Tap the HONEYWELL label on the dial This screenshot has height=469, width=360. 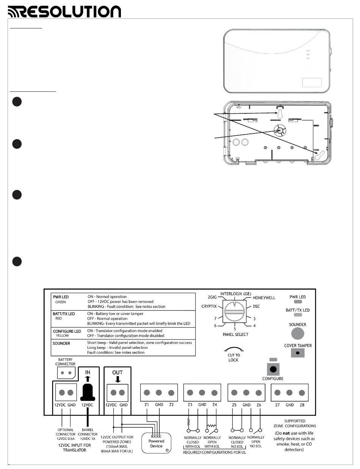point(264,298)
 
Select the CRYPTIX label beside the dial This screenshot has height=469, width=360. point(209,306)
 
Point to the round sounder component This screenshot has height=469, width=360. point(297,334)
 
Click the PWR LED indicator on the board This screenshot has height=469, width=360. point(297,303)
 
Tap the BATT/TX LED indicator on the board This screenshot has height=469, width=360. point(297,315)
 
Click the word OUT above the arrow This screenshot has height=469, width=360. point(117,373)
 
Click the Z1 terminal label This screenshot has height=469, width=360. point(147,405)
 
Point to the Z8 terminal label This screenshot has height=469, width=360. point(302,405)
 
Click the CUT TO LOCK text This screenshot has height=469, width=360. point(233,358)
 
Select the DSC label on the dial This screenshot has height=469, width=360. point(256,306)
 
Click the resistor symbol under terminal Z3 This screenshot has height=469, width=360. point(188,422)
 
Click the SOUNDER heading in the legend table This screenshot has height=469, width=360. point(61,344)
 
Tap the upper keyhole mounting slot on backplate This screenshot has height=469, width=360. point(279,115)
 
